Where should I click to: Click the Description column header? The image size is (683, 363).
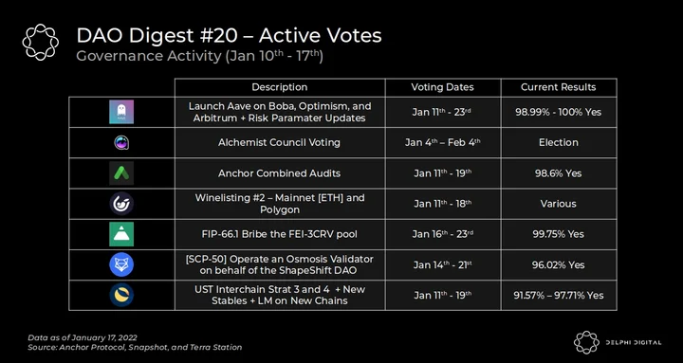(280, 87)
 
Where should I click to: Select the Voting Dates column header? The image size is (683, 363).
(443, 87)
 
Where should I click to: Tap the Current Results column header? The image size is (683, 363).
(559, 87)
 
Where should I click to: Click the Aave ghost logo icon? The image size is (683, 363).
(121, 112)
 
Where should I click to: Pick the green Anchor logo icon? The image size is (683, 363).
(121, 173)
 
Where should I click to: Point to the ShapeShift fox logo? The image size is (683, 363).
(121, 264)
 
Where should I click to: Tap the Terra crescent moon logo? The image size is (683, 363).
(121, 295)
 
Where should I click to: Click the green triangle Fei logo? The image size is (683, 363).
(121, 234)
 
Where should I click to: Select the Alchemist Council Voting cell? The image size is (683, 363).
(280, 143)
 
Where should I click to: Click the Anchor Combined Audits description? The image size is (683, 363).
(280, 173)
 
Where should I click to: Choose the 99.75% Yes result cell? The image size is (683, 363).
(559, 234)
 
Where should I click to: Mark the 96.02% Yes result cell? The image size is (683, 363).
(559, 264)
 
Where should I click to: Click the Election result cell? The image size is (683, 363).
(559, 143)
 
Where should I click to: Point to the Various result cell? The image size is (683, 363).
(559, 204)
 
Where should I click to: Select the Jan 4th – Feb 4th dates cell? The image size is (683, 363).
(443, 143)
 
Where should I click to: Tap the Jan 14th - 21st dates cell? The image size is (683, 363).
(443, 264)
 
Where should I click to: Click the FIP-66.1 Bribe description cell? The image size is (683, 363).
(280, 234)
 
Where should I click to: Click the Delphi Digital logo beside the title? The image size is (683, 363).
(41, 43)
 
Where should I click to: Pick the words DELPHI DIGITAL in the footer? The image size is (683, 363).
(634, 342)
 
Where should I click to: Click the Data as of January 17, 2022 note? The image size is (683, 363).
(83, 337)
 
